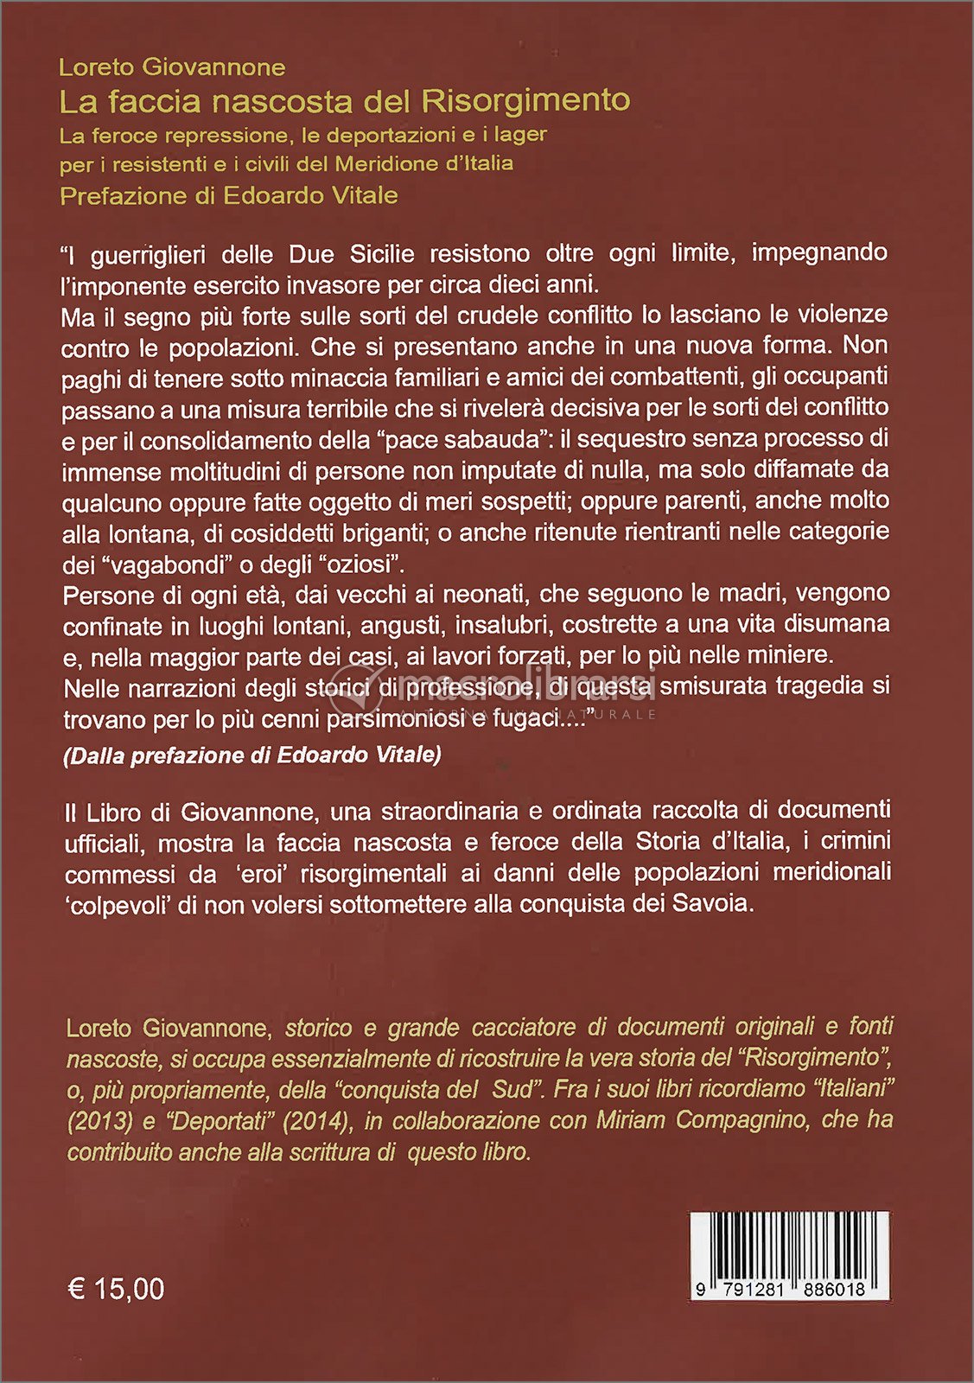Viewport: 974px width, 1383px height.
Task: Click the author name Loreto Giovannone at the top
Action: (172, 67)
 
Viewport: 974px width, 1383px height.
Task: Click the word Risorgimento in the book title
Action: (525, 100)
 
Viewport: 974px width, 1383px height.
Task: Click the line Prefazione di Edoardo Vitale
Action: (229, 195)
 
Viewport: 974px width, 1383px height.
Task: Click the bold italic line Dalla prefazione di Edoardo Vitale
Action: (252, 755)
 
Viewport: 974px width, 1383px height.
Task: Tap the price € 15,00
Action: (116, 1289)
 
